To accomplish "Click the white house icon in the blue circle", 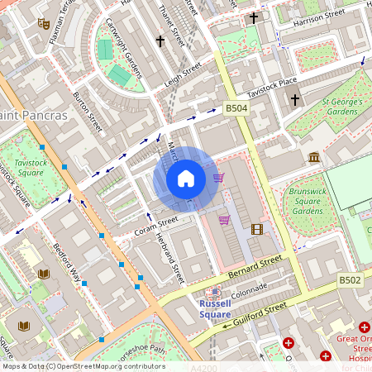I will pyautogui.click(x=186, y=179).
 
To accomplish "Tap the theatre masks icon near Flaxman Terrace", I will pyautogui.click(x=43, y=23).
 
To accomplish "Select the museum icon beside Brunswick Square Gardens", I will pyautogui.click(x=314, y=157).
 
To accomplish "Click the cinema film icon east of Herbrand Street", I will pyautogui.click(x=257, y=229).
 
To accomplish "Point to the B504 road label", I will pyautogui.click(x=236, y=108).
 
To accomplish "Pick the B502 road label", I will pyautogui.click(x=350, y=281).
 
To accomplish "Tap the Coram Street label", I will pyautogui.click(x=156, y=225).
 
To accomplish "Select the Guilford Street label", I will pyautogui.click(x=260, y=313).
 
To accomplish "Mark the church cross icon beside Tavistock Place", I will pyautogui.click(x=295, y=100).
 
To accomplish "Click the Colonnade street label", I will pyautogui.click(x=250, y=290).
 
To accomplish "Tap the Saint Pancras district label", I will pyautogui.click(x=34, y=115).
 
